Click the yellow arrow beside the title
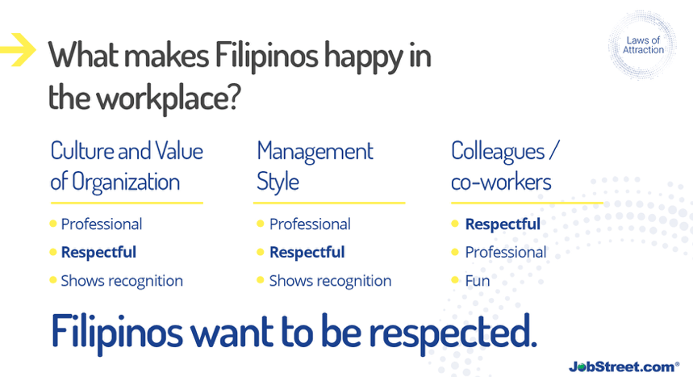19,49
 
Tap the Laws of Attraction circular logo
643,45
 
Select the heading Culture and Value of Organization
127,166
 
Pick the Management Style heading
315,166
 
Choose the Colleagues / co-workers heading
505,166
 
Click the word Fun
478,281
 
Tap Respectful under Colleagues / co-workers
503,224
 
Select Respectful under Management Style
307,252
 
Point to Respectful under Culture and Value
98,252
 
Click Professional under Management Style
310,224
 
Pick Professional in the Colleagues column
506,252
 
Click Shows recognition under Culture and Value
122,281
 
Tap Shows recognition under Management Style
330,281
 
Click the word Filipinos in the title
266,57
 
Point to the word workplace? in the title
169,98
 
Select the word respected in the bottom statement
453,333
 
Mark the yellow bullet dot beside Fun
455,280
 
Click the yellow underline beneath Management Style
329,203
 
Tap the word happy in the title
364,57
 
